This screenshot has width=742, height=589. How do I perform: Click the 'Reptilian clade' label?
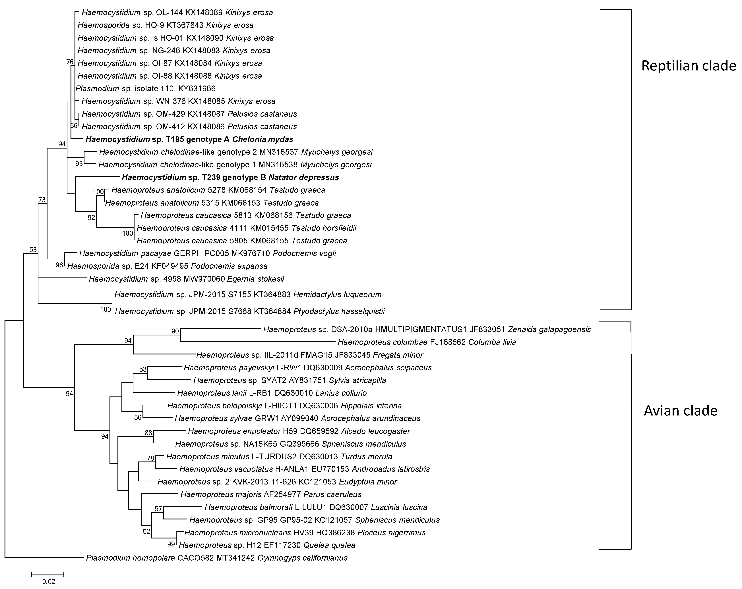coord(688,65)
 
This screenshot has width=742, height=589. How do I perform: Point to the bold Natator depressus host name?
coord(303,177)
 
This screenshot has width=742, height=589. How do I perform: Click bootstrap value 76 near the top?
coord(70,62)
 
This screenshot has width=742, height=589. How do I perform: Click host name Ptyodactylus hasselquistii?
coord(339,312)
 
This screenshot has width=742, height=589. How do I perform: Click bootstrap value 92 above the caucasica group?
coord(91,217)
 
